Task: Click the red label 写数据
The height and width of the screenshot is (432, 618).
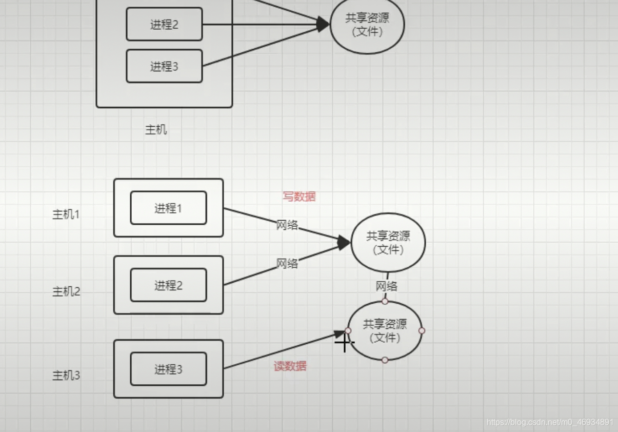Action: pyautogui.click(x=299, y=197)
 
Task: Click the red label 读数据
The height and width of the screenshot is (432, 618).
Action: pyautogui.click(x=290, y=366)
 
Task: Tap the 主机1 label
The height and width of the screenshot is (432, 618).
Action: pyautogui.click(x=66, y=214)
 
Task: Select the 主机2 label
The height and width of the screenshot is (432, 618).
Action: pyautogui.click(x=66, y=291)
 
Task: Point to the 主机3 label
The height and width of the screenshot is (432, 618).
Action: pyautogui.click(x=66, y=376)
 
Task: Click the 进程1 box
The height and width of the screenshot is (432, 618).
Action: pyautogui.click(x=168, y=208)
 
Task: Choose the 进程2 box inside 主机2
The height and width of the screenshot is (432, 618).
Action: pyautogui.click(x=168, y=285)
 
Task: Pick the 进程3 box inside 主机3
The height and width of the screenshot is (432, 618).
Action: pyautogui.click(x=168, y=369)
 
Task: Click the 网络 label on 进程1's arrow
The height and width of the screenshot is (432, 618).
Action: pyautogui.click(x=287, y=225)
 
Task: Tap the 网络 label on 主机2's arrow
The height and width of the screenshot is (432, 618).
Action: pyautogui.click(x=287, y=264)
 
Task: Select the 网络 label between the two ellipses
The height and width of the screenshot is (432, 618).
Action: pyautogui.click(x=386, y=286)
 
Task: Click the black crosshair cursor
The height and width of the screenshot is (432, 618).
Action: pyautogui.click(x=344, y=342)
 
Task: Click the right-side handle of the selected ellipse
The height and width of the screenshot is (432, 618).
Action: pyautogui.click(x=422, y=331)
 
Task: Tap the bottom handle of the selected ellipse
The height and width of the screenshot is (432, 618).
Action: pyautogui.click(x=385, y=360)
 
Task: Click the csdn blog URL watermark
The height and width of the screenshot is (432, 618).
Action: pyautogui.click(x=550, y=422)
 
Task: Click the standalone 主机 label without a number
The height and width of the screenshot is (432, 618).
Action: pyautogui.click(x=156, y=130)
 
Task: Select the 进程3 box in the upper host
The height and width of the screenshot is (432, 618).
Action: pyautogui.click(x=164, y=66)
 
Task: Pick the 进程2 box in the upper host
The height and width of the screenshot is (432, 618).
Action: pyautogui.click(x=164, y=24)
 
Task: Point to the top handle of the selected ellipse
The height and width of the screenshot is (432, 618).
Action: pyautogui.click(x=385, y=301)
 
